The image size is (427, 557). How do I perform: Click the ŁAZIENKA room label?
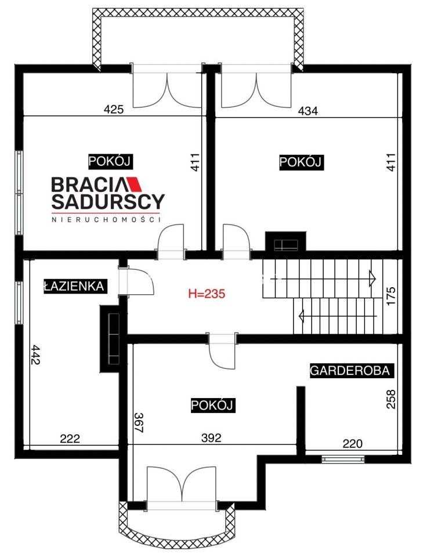coord(74,286)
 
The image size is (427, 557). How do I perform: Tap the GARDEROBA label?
coord(350,371)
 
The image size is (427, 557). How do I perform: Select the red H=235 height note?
coord(207,294)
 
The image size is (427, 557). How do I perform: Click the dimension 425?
coord(114,109)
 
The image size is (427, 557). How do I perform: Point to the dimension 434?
coord(307,111)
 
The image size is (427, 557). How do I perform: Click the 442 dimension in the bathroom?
coord(36,355)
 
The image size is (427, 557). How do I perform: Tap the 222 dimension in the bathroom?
coord(70,439)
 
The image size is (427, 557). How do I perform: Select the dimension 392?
coord(211,437)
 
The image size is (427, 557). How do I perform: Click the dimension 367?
coord(138,422)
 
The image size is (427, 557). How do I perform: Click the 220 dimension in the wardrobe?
coord(352,443)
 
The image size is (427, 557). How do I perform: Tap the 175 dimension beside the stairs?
coord(390,295)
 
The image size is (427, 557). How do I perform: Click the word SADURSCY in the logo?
coord(108,201)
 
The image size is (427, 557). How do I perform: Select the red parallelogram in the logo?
coord(134,184)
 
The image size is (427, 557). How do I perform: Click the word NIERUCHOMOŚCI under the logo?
coord(106,219)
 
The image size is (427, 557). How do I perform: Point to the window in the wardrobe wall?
coord(343,460)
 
